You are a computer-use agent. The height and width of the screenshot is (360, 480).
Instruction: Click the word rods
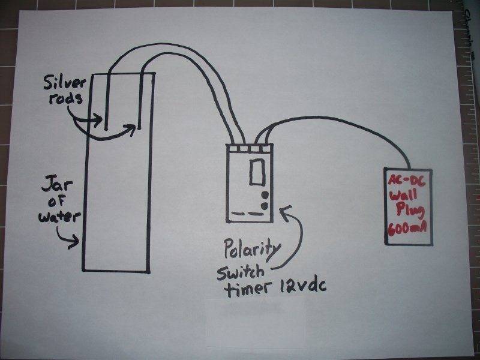[x=66, y=98]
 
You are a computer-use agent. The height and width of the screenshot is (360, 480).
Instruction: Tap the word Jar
[x=57, y=184]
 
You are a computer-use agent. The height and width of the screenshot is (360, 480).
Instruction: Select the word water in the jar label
[x=59, y=217]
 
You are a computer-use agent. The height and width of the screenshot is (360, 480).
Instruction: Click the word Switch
[x=241, y=273]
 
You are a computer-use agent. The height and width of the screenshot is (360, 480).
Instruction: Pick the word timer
[x=248, y=289]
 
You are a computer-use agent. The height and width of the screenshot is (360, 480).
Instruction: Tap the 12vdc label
[x=302, y=287]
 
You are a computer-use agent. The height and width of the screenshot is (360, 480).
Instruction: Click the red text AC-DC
[x=406, y=181]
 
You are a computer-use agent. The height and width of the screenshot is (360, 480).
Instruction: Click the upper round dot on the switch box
[x=265, y=195]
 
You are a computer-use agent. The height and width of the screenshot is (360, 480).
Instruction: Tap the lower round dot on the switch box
[x=265, y=206]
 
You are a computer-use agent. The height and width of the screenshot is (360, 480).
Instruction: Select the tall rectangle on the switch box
[x=257, y=172]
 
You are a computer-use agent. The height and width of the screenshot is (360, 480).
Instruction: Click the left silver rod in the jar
[x=107, y=101]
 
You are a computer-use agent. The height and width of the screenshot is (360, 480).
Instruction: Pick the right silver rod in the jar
[x=140, y=101]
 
